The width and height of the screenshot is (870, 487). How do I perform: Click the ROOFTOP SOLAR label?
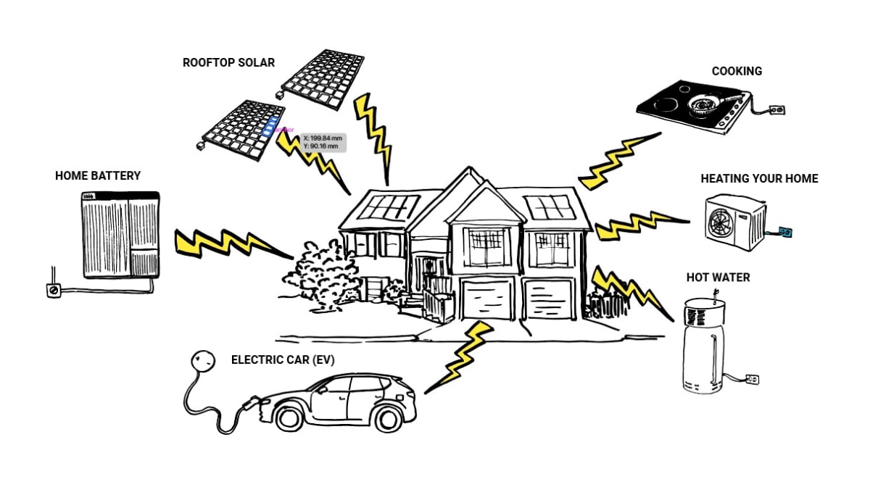[228, 63]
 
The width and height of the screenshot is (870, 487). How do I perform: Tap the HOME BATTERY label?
[98, 175]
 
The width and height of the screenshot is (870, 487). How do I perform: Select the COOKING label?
[737, 71]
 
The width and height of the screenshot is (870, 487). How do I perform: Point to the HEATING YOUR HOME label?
[759, 178]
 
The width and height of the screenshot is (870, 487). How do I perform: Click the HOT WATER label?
[718, 278]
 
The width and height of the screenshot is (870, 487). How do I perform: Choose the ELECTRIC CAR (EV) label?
[283, 359]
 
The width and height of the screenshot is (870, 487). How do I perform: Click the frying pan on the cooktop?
[703, 107]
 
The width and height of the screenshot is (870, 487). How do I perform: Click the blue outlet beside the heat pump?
[784, 232]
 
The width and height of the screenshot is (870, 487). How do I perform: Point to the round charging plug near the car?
[203, 361]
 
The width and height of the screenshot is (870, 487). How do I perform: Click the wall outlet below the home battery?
[53, 291]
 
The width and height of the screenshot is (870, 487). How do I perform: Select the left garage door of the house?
[488, 299]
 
